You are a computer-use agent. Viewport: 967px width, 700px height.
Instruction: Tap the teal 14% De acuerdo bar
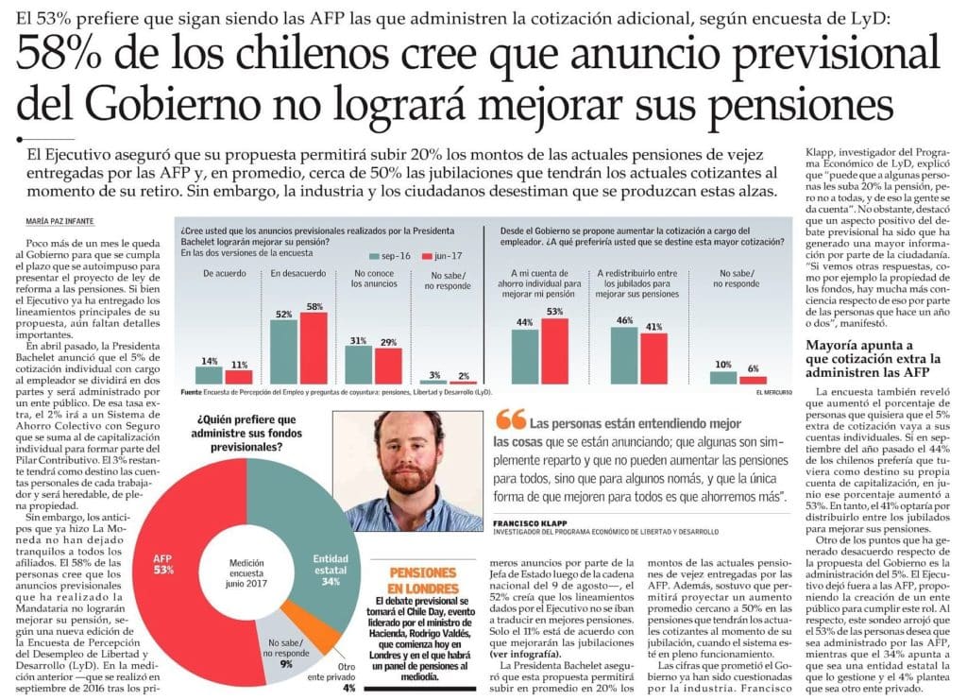[210, 374]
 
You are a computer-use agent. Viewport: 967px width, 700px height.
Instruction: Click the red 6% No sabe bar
[753, 379]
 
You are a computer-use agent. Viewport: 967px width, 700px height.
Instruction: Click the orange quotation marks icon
[510, 418]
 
